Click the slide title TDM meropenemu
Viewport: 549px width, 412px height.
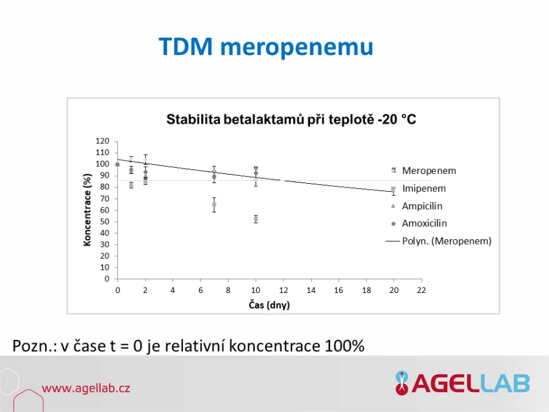[266, 46]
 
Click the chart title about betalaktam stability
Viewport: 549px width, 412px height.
[291, 120]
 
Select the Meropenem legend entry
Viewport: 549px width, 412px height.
[425, 171]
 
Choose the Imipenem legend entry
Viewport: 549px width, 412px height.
[419, 189]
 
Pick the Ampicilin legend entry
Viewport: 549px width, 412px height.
[417, 206]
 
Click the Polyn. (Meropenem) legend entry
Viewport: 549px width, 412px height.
[439, 241]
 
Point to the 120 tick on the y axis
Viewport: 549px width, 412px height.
[102, 141]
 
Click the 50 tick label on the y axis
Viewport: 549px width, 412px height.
[105, 222]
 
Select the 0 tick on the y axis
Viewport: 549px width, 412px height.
[107, 279]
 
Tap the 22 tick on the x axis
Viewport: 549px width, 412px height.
[422, 290]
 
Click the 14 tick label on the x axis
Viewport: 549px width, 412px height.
[311, 290]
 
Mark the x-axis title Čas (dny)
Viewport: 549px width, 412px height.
[269, 305]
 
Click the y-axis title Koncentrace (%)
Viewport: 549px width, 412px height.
[87, 210]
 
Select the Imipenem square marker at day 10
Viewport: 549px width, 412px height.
[256, 219]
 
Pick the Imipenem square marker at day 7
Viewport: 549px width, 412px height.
[214, 204]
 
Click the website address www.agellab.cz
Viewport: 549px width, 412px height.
[86, 388]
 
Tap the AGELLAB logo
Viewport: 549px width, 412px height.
[462, 383]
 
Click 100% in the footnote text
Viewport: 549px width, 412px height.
[345, 346]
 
